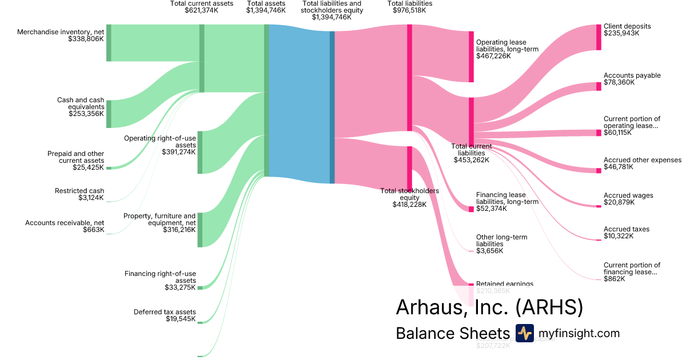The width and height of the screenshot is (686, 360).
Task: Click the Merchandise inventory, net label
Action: [x=61, y=32]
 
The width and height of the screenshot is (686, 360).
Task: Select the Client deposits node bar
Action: [x=599, y=37]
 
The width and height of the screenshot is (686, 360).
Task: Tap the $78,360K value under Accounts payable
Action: [x=619, y=82]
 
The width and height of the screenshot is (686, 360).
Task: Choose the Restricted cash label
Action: [x=79, y=191]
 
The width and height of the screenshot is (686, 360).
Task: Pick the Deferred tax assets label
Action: [x=165, y=312]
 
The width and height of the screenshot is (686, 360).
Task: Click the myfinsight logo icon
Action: [x=524, y=333]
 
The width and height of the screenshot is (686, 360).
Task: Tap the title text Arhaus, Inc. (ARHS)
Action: [x=489, y=307]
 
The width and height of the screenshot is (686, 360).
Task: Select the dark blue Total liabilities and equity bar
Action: [x=332, y=107]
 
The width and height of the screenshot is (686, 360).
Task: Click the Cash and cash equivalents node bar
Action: [x=109, y=114]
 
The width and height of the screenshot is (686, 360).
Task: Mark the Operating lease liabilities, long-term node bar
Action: [x=471, y=57]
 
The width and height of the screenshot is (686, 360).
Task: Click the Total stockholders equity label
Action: [x=409, y=194]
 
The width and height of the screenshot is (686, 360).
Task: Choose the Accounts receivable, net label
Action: [x=65, y=223]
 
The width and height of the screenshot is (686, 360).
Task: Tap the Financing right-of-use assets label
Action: [x=160, y=277]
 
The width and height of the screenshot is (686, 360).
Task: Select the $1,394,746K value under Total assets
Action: [x=266, y=10]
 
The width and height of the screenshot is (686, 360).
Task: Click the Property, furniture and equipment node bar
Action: [x=200, y=229]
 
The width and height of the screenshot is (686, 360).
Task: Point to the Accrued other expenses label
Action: [x=643, y=160]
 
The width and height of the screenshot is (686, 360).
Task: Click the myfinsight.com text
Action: [x=579, y=334]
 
